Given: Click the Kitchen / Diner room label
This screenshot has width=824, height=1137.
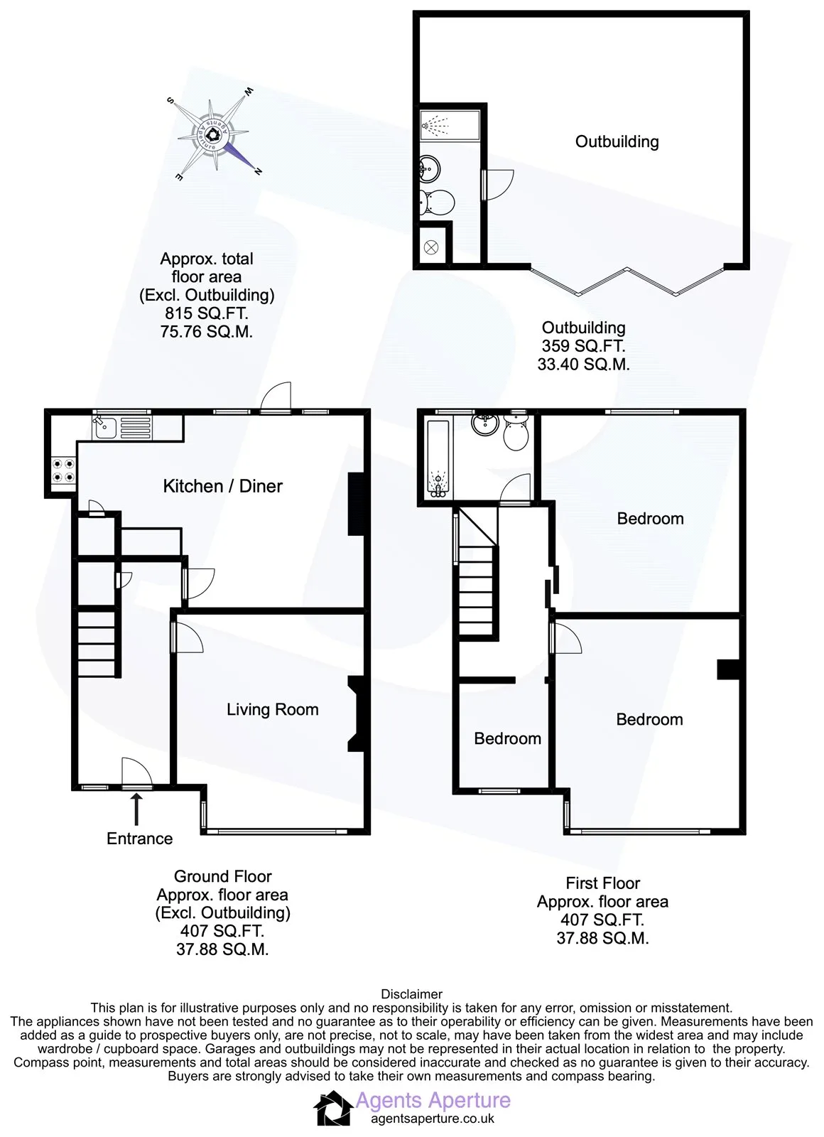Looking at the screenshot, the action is (x=223, y=486).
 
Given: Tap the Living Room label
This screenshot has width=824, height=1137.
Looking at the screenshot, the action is (x=273, y=709).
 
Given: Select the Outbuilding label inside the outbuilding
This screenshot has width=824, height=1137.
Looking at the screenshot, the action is (x=617, y=141).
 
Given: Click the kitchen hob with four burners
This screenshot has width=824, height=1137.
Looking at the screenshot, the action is (x=64, y=470).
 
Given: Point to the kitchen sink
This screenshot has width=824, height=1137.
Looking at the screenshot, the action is (x=121, y=427).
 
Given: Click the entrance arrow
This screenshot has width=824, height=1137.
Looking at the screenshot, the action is (x=136, y=809).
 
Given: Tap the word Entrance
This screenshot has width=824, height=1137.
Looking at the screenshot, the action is (x=139, y=839).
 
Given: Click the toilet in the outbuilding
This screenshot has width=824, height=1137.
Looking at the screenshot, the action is (x=436, y=202).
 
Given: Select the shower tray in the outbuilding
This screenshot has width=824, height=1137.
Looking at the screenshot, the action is (x=450, y=124).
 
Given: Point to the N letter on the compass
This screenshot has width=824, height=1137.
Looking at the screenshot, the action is (x=258, y=171).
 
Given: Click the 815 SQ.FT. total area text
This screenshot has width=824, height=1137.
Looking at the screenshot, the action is (x=207, y=313).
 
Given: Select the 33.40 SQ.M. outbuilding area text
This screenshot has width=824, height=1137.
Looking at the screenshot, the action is (x=583, y=364).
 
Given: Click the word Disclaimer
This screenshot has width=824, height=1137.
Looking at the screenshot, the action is (x=411, y=994).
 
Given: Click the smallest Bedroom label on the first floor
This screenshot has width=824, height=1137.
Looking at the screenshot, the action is (x=507, y=738).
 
